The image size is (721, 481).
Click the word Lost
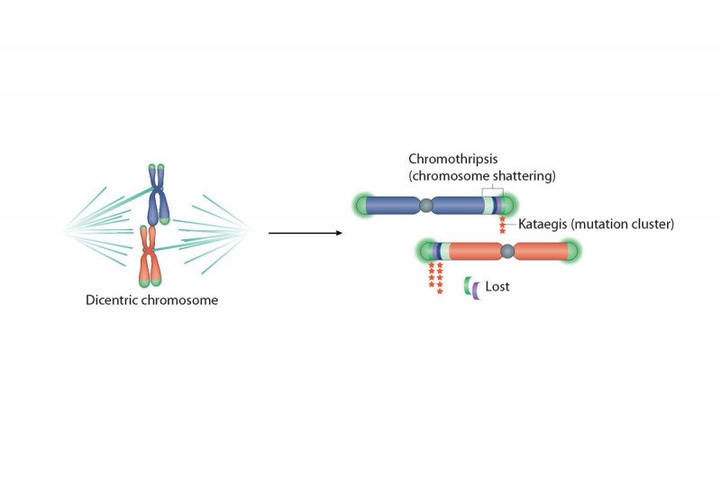[x=497, y=286]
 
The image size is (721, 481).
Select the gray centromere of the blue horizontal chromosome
[x=427, y=207]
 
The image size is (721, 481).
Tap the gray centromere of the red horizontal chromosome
[x=508, y=251]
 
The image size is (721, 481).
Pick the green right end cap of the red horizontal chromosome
[x=573, y=251]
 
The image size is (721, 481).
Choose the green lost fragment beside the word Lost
[x=468, y=285]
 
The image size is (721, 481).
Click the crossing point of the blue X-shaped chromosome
[x=158, y=191]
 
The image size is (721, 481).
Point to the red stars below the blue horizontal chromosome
[x=502, y=224]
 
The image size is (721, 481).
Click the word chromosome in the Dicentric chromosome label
[x=182, y=301]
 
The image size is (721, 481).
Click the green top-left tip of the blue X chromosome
[x=152, y=168]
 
